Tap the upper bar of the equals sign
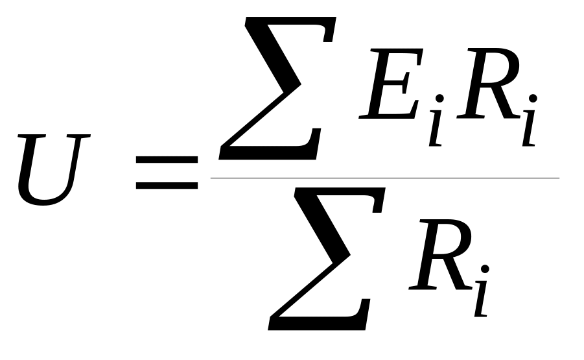coord(167,160)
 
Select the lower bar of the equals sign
coord(167,186)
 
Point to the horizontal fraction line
coord(385,178)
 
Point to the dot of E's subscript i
coord(439,99)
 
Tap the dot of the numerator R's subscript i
coord(533,99)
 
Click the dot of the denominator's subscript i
coord(485,269)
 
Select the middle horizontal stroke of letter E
coord(391,82)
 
